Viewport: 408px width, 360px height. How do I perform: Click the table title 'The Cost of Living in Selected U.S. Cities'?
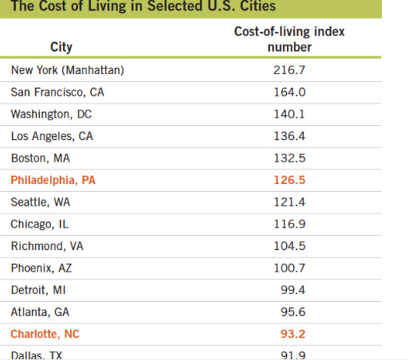tap(143, 7)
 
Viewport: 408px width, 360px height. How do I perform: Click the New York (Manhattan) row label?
tap(68, 70)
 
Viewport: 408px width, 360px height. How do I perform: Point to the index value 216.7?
tap(289, 70)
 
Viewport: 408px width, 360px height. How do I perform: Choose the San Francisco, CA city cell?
tap(57, 92)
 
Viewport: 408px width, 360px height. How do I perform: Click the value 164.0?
tap(289, 92)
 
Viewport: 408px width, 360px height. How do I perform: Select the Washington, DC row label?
tap(52, 114)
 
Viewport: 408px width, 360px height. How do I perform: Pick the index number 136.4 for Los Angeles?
tap(289, 136)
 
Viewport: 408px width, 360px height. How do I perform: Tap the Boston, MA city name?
tap(41, 158)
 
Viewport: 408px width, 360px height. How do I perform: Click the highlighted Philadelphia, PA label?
tap(53, 180)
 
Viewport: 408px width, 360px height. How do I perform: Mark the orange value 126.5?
tap(289, 180)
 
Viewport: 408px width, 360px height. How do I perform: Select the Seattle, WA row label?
tap(41, 202)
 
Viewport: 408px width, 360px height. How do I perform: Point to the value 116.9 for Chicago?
tap(289, 225)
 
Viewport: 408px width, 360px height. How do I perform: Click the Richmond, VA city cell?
tap(47, 246)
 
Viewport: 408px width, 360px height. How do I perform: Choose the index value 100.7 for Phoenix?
tap(289, 268)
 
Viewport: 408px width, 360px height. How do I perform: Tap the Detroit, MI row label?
tap(39, 291)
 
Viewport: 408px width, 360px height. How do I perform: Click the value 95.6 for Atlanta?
tap(289, 312)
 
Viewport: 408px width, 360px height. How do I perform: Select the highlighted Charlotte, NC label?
tap(45, 335)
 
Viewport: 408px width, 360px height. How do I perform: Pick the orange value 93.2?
tap(289, 335)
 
